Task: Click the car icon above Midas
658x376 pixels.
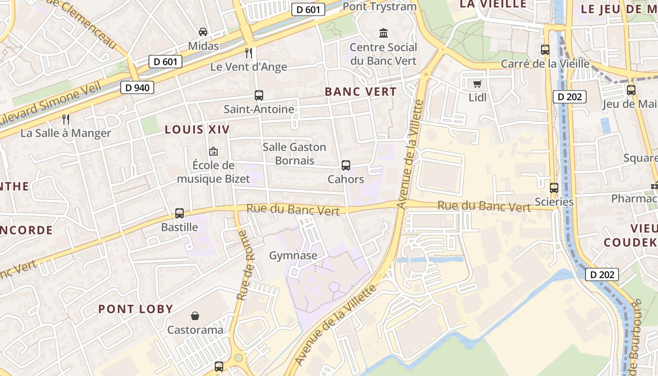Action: tap(203, 32)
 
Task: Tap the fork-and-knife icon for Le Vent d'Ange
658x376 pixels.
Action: tap(249, 53)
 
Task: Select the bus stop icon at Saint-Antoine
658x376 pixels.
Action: tap(259, 95)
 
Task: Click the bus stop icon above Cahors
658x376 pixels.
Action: tap(346, 165)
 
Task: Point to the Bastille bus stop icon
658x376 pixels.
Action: tap(180, 213)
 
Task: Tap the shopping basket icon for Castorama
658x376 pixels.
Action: tap(195, 316)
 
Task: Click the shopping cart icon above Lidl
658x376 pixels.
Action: tap(478, 84)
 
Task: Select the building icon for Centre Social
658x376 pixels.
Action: tap(384, 33)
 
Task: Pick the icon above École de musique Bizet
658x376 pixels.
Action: tap(213, 151)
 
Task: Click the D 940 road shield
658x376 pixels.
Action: tap(137, 87)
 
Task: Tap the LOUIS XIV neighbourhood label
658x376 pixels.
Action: tap(197, 130)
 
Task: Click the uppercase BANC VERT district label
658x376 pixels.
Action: tap(361, 92)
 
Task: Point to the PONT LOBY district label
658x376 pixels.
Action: tap(136, 309)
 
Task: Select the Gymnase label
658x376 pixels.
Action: tap(293, 256)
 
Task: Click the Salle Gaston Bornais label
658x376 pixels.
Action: tap(294, 154)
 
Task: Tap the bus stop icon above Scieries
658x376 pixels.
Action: tap(554, 188)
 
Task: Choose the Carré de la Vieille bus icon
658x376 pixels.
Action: tap(545, 50)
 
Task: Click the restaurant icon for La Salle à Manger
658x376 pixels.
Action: tap(66, 119)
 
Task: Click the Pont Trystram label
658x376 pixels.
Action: tap(380, 7)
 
